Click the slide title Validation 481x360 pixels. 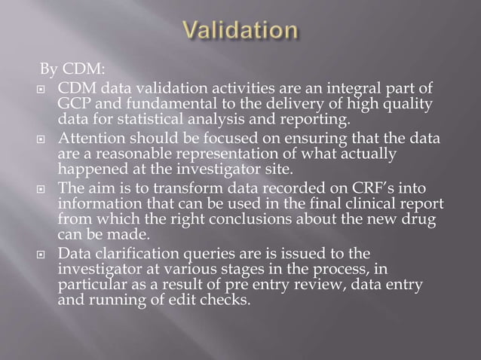click(240, 32)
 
